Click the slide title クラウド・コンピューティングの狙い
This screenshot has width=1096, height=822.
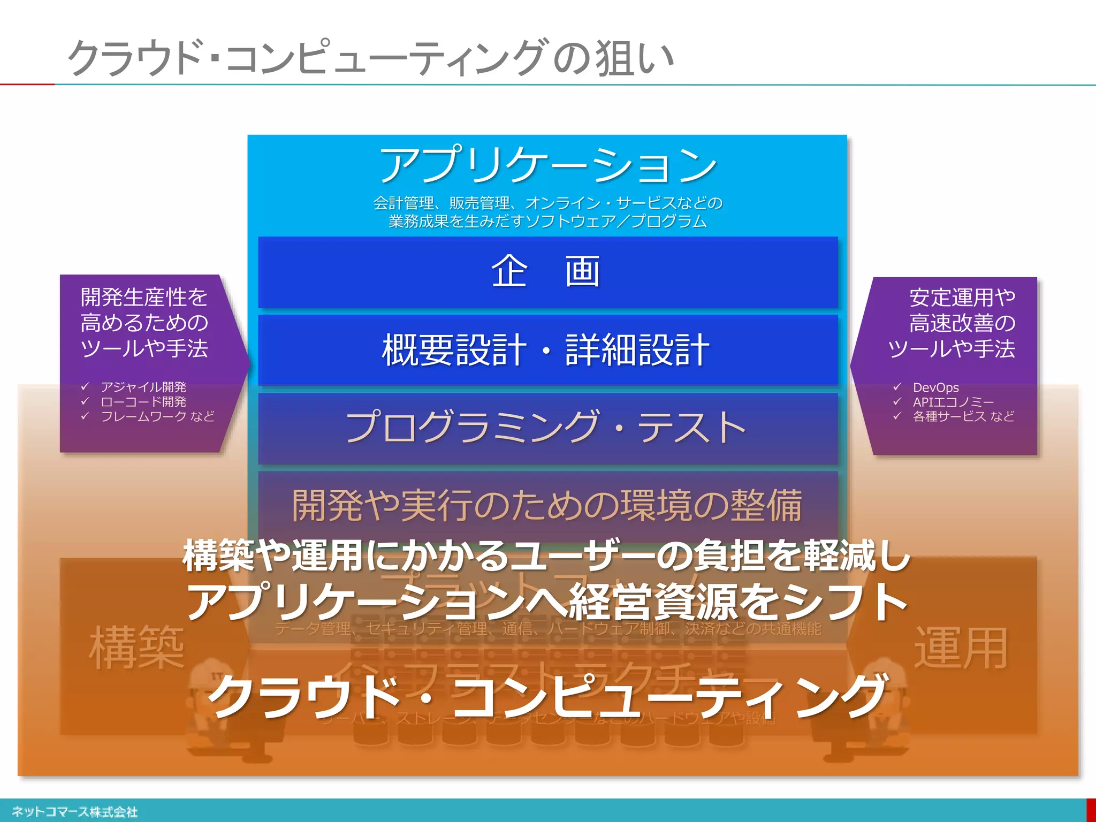click(369, 57)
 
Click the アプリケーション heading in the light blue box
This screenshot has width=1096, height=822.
click(547, 164)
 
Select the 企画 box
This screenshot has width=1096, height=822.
click(547, 272)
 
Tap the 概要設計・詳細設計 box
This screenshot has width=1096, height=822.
click(547, 350)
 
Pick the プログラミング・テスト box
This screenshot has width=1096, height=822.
click(547, 428)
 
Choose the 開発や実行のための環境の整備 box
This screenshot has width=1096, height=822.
click(547, 505)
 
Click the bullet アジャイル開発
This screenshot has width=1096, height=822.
click(143, 387)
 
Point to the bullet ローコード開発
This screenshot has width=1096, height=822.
click(143, 401)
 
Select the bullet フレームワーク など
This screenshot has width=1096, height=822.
click(157, 416)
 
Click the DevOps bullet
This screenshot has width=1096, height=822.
click(935, 387)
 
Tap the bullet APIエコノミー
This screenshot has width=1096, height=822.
click(953, 402)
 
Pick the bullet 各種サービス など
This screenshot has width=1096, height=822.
click(963, 416)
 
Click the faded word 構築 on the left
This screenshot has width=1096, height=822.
click(136, 648)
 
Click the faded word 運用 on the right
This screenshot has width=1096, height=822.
click(961, 648)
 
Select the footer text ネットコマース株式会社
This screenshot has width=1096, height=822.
click(74, 812)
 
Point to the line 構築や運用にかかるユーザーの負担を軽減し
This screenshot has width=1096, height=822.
click(547, 555)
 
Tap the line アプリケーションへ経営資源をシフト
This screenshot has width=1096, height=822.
click(547, 602)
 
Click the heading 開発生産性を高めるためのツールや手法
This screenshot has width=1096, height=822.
click(144, 323)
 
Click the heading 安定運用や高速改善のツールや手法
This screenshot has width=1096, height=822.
click(953, 323)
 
